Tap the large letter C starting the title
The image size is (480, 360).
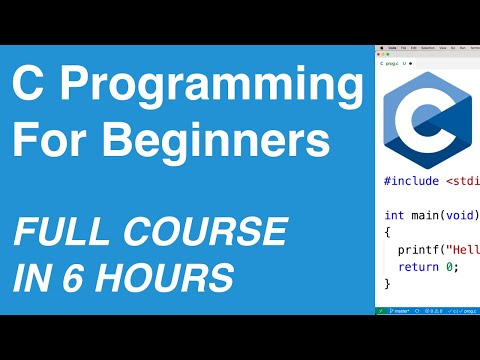32,96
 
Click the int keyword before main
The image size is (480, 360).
393,215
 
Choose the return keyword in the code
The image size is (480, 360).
418,266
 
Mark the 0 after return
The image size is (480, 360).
451,266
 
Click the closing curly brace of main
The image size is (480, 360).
387,284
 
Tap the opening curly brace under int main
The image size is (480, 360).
387,232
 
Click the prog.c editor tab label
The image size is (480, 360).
391,62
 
